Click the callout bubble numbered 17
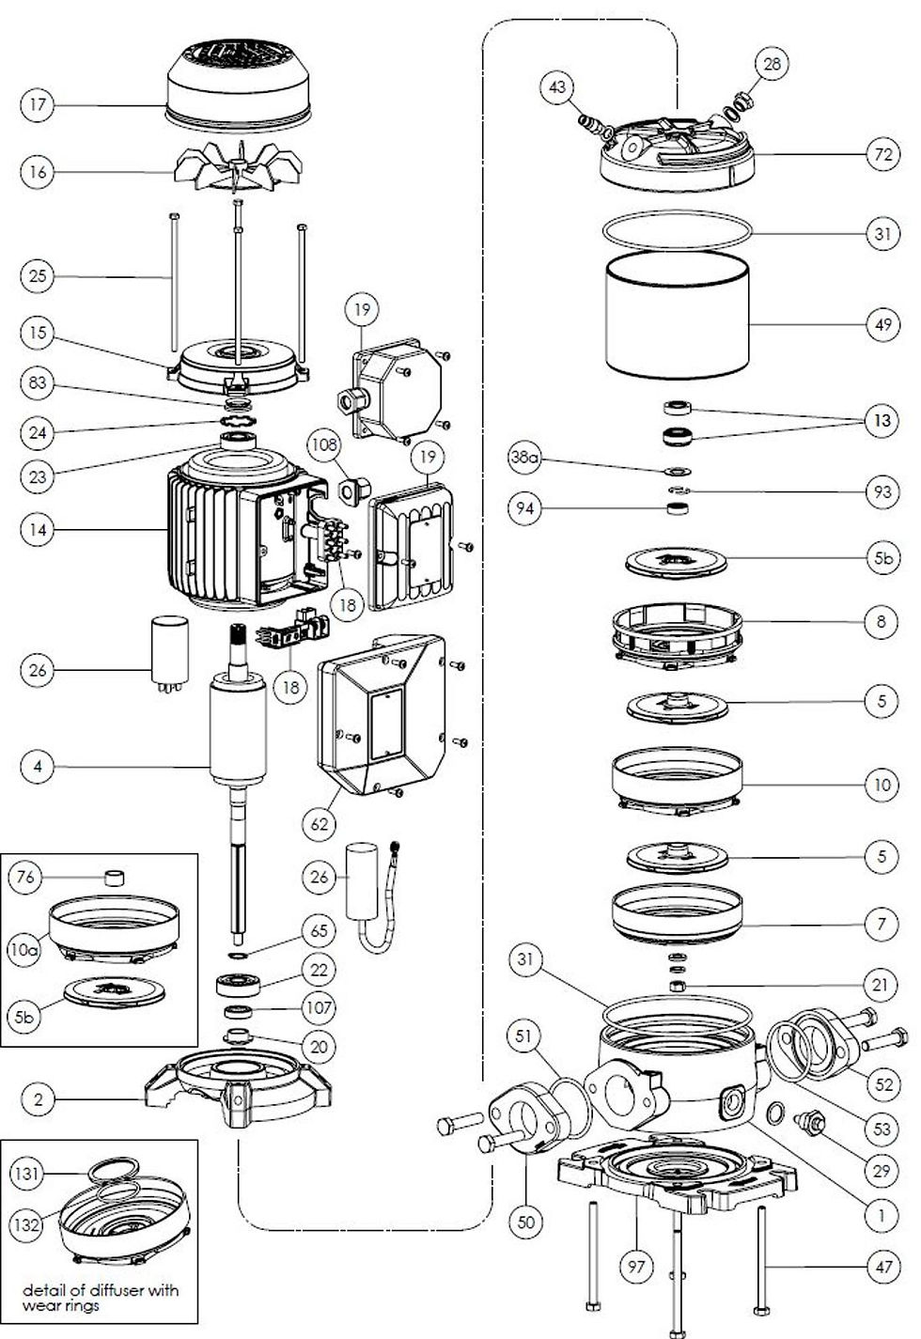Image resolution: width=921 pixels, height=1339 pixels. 38,104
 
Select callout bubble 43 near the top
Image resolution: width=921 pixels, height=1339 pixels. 557,87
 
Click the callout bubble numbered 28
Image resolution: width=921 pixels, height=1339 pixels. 772,64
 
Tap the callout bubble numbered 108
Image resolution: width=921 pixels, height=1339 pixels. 326,444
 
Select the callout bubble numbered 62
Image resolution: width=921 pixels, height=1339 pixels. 320,824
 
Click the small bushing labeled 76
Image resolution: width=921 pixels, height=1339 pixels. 115,878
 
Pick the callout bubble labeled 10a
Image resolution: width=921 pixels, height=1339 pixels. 25,950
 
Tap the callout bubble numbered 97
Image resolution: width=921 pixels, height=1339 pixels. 636,1268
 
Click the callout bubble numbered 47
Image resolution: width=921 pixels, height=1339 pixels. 883,1267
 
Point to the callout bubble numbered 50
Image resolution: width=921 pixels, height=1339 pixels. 526,1222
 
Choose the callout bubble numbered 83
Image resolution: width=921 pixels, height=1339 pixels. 38,383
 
